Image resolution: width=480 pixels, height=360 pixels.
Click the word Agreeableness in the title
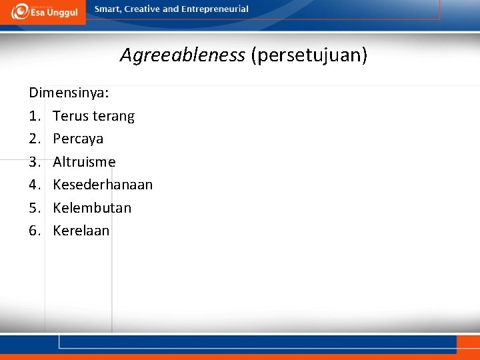point(182,55)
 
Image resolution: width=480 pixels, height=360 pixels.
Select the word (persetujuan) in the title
point(309,55)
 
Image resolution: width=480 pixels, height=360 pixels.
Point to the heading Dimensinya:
point(69,93)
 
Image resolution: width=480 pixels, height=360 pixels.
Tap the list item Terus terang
point(93,116)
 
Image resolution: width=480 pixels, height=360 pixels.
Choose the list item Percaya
point(78,139)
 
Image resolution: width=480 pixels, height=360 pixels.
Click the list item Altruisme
point(84,162)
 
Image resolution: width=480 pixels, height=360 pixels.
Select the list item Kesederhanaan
point(103,185)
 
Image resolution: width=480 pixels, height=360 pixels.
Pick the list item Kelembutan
point(92,208)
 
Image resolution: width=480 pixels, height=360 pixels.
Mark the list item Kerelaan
point(81,231)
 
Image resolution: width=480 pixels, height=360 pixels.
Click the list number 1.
point(35,116)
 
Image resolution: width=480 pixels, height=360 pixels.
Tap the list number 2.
point(35,139)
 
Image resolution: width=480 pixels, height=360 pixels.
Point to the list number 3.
point(35,162)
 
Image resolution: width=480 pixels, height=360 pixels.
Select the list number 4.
point(35,185)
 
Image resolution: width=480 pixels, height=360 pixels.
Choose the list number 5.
point(35,208)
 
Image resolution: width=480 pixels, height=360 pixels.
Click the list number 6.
point(35,231)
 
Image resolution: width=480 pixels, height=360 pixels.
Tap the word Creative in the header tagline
point(142,9)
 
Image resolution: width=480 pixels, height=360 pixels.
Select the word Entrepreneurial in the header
point(215,9)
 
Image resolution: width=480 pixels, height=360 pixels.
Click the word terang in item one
point(113,116)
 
